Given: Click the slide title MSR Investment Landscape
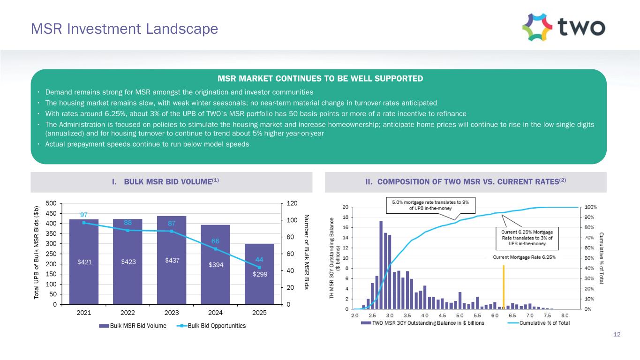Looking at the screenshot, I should point(124,29).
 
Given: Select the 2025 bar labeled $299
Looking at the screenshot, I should point(259,274).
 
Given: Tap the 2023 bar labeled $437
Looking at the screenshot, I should point(172,260).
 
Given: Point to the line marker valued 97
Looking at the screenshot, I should point(84,223).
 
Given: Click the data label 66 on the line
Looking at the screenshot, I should point(215,241).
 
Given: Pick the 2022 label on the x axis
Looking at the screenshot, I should point(128,314).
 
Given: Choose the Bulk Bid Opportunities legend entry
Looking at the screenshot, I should point(216,326).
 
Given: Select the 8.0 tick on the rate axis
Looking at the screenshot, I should point(565,316).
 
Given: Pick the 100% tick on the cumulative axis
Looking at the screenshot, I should point(588,207).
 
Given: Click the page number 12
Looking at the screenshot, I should point(617,334).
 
